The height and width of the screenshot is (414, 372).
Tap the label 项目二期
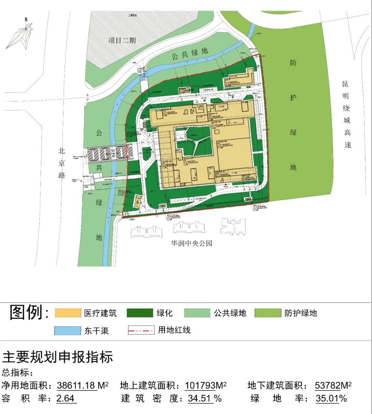[122, 40]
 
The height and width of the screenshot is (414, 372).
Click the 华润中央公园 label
[192, 244]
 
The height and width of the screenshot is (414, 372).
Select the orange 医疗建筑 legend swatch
[68, 313]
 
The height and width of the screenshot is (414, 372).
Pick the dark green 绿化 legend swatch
[139, 313]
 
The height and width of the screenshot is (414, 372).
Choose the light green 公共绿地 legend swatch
[197, 313]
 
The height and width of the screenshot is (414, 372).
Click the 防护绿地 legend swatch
[268, 313]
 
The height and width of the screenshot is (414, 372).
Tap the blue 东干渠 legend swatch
[68, 330]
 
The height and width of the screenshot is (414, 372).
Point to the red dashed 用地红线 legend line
[141, 330]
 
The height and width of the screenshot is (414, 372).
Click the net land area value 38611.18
[77, 385]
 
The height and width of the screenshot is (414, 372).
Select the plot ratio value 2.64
[65, 399]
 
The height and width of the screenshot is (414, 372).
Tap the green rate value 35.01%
[331, 399]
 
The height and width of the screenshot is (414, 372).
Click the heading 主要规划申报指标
[58, 357]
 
